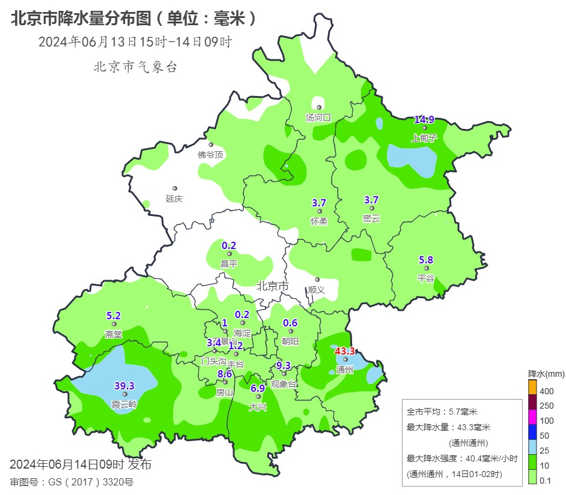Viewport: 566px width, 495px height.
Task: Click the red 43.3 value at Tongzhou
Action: tap(345, 351)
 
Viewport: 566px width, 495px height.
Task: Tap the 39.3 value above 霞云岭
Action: tap(124, 385)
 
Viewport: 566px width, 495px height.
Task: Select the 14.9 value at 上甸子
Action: tap(424, 119)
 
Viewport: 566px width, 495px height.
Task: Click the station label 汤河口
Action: tap(318, 118)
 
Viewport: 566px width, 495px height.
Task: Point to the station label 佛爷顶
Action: tap(210, 155)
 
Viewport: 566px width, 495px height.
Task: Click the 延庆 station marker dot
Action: tap(175, 188)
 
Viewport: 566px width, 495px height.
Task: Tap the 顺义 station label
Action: tap(317, 289)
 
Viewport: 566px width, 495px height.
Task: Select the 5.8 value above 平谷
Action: tap(426, 260)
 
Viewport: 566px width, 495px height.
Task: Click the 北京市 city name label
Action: tap(272, 287)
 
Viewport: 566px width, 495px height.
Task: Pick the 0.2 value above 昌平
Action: tap(229, 245)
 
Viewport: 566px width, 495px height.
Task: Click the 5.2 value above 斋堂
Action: tap(114, 316)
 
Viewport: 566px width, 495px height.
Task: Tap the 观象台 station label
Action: tap(284, 384)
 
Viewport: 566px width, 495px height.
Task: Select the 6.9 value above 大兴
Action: tap(258, 388)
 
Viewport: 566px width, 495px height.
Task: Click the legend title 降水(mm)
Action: tap(546, 374)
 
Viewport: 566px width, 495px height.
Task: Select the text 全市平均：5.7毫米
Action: tap(442, 412)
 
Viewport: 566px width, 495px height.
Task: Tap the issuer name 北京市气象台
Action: tap(135, 67)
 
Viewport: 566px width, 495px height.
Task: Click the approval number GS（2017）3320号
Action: tap(72, 482)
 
